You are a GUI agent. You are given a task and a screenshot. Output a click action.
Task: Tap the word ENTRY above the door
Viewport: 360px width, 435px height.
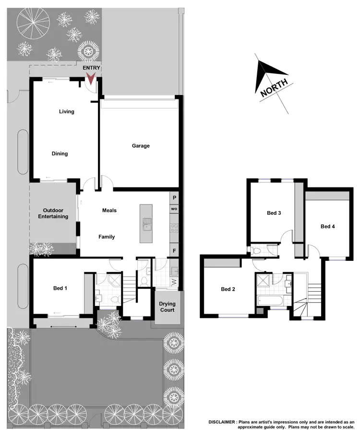pos(91,68)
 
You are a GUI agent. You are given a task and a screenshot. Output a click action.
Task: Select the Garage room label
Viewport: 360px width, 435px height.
pos(141,146)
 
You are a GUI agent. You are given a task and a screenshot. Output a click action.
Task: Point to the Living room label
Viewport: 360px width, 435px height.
pos(67,112)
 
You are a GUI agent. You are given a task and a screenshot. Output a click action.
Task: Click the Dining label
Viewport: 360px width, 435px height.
pos(60,154)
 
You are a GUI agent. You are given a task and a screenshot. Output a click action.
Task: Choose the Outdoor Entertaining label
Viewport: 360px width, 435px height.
pos(53,213)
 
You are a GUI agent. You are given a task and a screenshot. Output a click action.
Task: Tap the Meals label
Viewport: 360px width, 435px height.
pos(109,211)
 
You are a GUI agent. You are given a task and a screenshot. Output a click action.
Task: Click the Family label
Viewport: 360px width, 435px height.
pos(107,237)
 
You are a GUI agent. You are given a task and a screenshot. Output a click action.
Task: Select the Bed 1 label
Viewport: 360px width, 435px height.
pos(60,289)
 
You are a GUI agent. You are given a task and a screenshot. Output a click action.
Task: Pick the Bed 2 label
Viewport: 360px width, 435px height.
pos(228,289)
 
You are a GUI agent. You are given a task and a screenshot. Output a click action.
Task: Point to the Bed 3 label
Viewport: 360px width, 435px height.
pos(274,213)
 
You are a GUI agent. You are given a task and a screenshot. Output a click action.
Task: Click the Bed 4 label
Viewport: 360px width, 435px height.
pos(328,226)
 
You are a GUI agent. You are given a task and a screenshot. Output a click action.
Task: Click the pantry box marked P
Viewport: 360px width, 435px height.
pos(174,198)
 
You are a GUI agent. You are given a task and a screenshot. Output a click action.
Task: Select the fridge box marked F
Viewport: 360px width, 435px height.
pos(174,250)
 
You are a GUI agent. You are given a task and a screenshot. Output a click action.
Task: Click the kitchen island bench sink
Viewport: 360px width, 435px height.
pos(145,222)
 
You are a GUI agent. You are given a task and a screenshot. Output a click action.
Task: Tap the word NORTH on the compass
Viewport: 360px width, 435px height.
pos(274,88)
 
